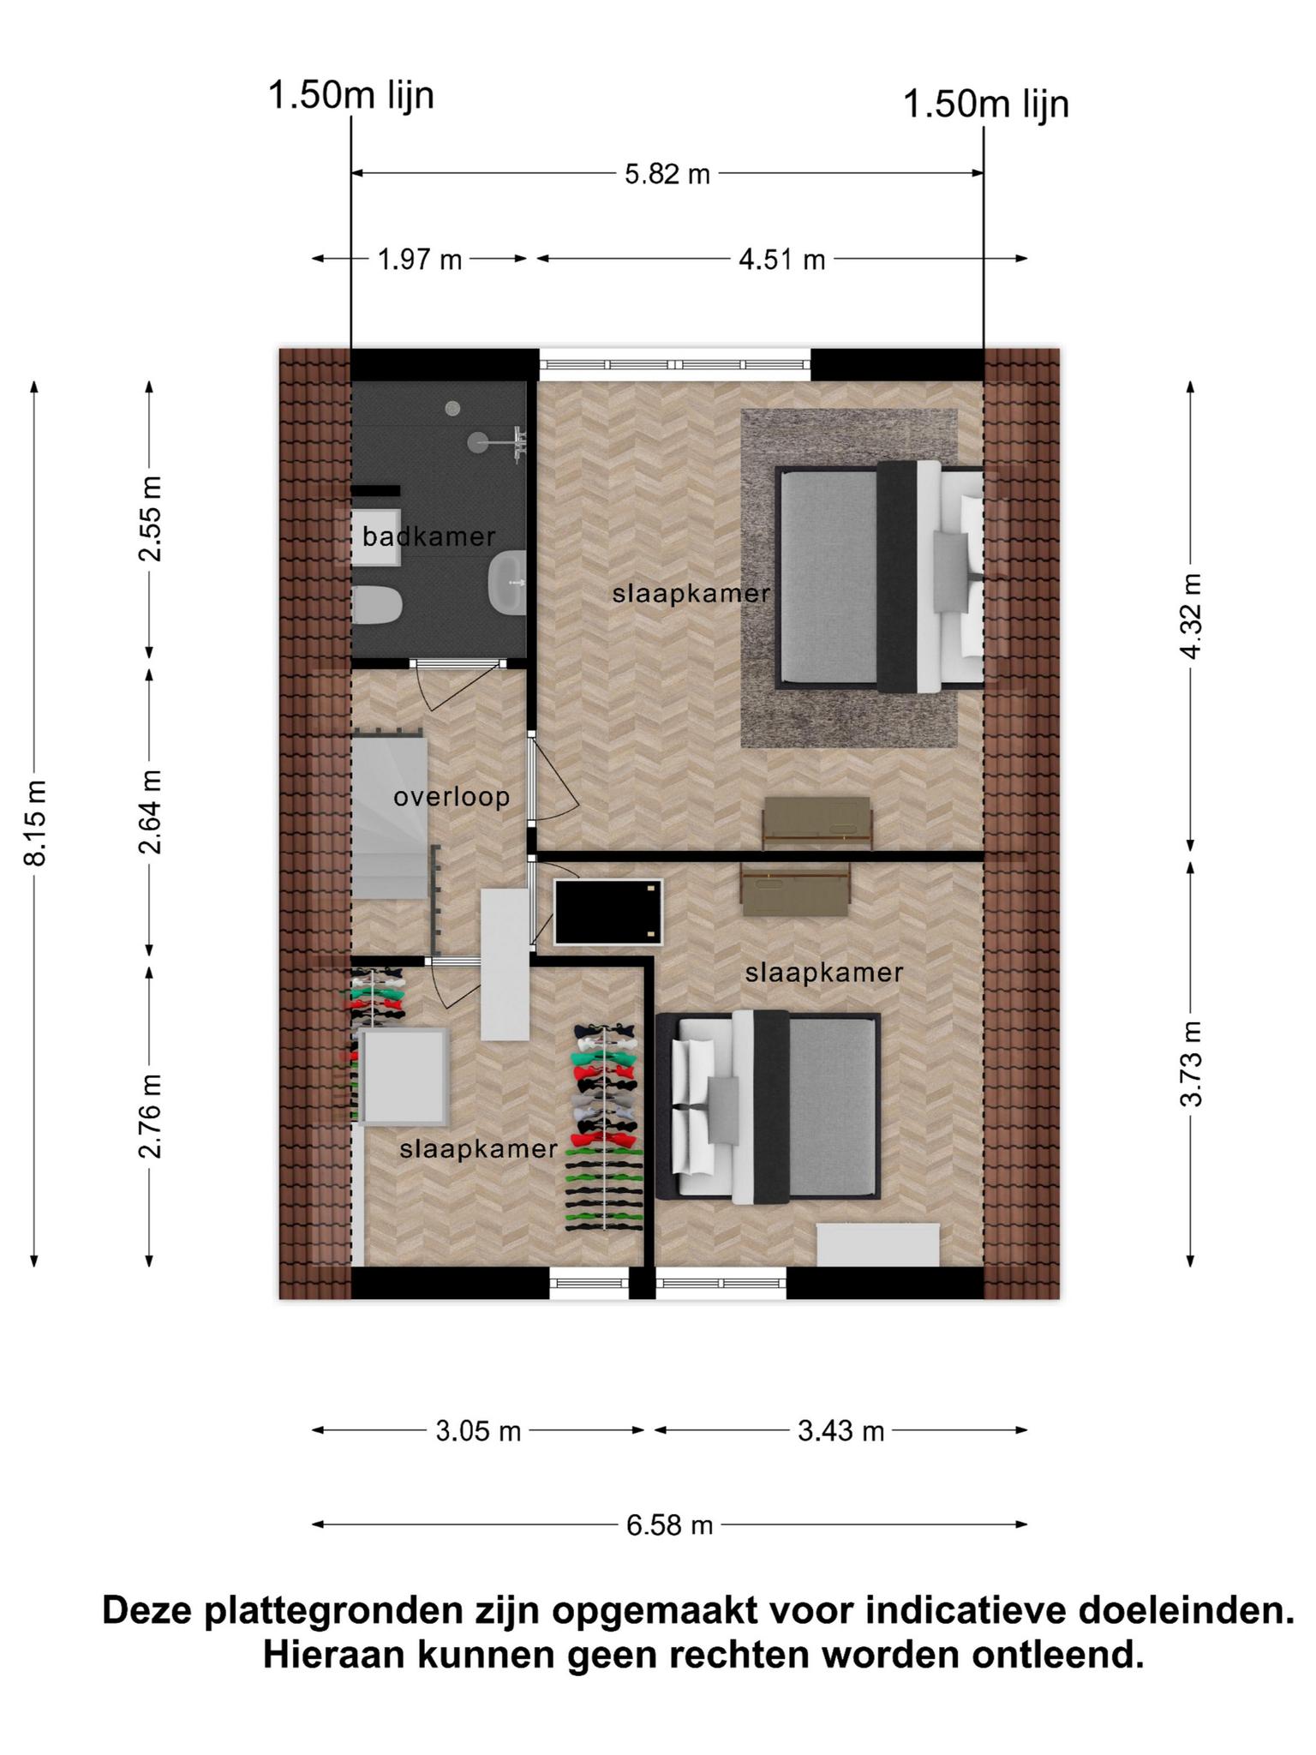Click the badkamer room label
[x=428, y=537]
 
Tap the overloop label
[x=452, y=798]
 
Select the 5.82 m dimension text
[x=667, y=175]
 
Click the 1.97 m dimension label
[x=420, y=259]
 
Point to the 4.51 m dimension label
[x=782, y=259]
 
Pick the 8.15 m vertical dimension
[x=35, y=823]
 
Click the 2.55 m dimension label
[x=151, y=518]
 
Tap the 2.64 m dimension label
[x=151, y=812]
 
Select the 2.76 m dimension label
[x=151, y=1116]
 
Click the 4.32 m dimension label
[x=1191, y=615]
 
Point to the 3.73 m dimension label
[x=1191, y=1063]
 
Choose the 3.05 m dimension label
[x=478, y=1431]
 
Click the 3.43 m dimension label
[x=840, y=1431]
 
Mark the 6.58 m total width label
[x=669, y=1525]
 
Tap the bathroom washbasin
[x=506, y=584]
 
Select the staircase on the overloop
[x=390, y=818]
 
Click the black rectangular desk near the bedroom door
[x=608, y=911]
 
